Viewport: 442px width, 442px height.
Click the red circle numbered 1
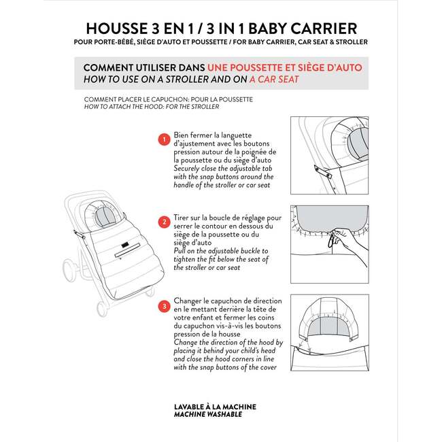pos(164,139)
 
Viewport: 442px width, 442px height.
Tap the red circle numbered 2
pos(164,222)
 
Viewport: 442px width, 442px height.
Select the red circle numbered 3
pos(164,307)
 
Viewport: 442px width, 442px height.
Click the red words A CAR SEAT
pos(274,80)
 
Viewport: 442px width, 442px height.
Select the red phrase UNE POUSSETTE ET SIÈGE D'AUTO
pos(285,67)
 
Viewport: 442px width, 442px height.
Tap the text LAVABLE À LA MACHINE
pos(215,407)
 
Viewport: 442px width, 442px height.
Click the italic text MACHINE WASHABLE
pos(208,414)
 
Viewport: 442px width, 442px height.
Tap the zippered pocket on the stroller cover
pos(127,250)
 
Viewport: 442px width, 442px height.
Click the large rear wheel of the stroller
pos(69,271)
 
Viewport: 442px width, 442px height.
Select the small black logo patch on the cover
pos(125,245)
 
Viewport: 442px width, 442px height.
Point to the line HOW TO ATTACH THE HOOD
pos(152,107)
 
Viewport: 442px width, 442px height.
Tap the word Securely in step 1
pos(186,169)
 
